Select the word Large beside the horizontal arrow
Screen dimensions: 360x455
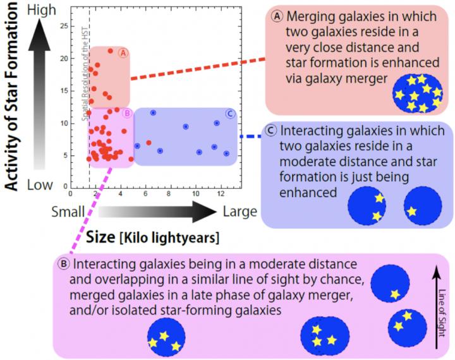click(240, 212)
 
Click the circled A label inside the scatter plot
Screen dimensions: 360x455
click(123, 52)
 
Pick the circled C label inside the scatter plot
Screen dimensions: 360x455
click(230, 114)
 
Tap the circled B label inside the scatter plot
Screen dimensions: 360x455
click(126, 114)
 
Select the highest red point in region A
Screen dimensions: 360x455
click(111, 51)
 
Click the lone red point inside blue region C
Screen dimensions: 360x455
click(149, 143)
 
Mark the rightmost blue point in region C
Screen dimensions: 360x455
click(226, 153)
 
